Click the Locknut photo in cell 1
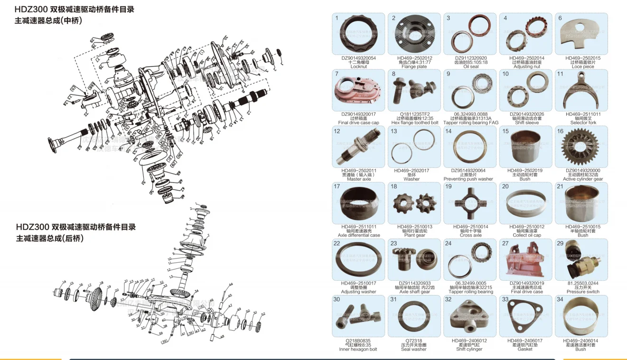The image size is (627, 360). (x=358, y=36)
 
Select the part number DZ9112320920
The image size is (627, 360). (x=470, y=58)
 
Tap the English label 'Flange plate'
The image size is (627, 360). (x=414, y=67)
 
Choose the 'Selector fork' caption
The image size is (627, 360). (x=582, y=123)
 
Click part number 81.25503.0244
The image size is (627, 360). (x=582, y=283)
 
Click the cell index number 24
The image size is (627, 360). (x=448, y=243)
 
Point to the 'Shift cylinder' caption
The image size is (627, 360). (x=470, y=349)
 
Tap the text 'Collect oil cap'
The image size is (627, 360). (x=526, y=235)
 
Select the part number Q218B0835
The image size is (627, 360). (x=358, y=340)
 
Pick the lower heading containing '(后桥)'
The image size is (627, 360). (x=50, y=238)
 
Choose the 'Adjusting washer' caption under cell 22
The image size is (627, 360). (x=358, y=292)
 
